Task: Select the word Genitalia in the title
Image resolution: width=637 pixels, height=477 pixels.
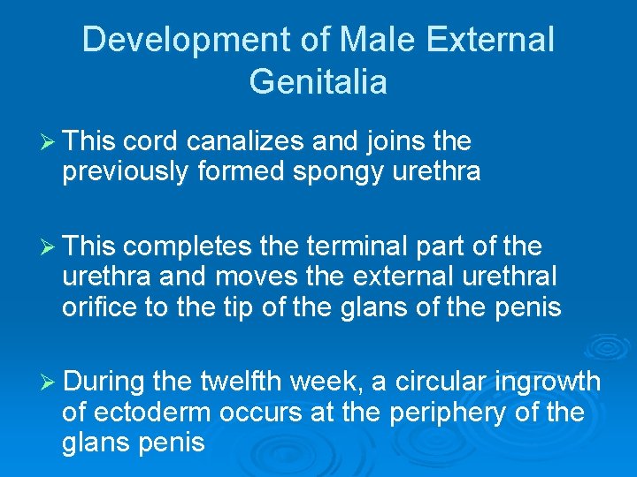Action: [x=318, y=82]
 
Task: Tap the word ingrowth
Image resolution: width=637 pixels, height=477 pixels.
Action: [x=548, y=382]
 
